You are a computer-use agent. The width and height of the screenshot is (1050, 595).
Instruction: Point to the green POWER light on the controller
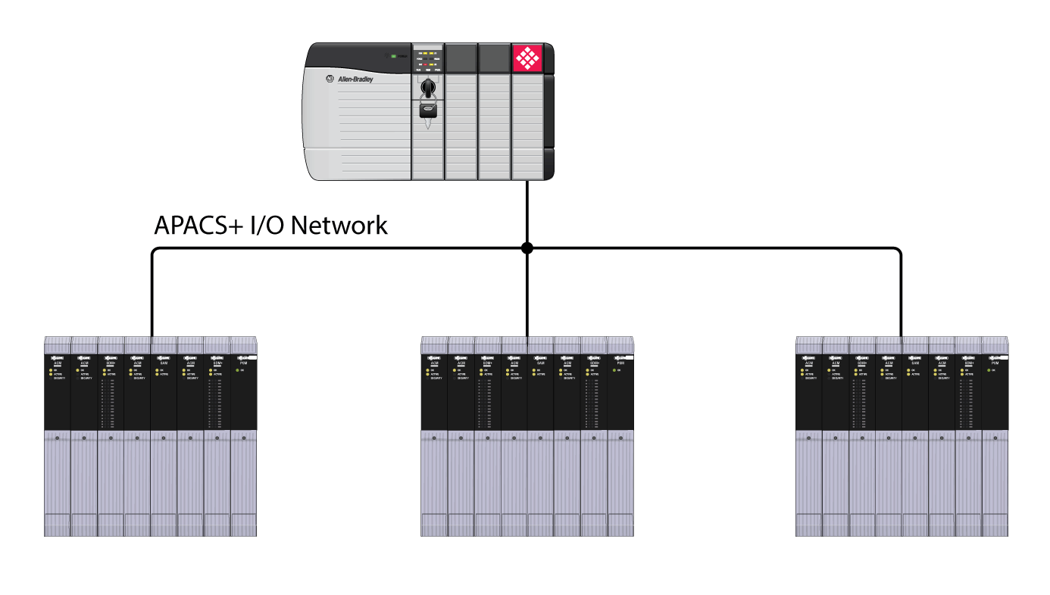click(393, 56)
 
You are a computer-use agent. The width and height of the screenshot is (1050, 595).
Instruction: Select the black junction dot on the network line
click(527, 248)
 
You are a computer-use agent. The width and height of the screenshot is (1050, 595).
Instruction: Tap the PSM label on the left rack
click(243, 363)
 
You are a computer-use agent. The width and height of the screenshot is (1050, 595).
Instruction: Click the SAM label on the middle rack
click(540, 363)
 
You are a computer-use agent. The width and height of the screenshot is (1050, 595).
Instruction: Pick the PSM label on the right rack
click(995, 363)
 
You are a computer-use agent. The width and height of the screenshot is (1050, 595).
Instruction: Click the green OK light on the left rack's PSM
click(236, 370)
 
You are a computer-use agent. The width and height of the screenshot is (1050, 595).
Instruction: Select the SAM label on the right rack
click(915, 363)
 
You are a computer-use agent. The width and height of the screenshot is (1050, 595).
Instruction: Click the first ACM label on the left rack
click(57, 363)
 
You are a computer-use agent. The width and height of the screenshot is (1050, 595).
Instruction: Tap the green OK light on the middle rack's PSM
click(614, 370)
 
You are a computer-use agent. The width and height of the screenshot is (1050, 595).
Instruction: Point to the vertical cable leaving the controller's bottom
click(527, 212)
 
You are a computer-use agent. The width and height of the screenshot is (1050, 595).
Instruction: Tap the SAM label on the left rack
click(164, 363)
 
